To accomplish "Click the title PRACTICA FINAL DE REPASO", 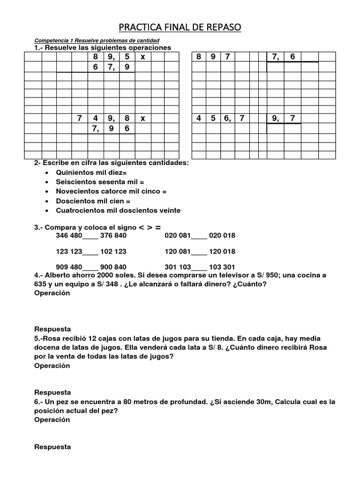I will click(180, 28).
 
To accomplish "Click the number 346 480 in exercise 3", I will click(68, 235).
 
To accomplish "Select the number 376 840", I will click(113, 235).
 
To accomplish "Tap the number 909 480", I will click(68, 266).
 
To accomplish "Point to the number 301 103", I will click(178, 266).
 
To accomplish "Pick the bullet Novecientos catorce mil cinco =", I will click(111, 191).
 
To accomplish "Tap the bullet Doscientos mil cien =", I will click(93, 201).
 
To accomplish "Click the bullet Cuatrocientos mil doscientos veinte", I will click(118, 210).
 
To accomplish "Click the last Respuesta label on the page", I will click(52, 447).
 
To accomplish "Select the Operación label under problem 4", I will click(52, 293).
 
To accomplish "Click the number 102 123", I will click(113, 251).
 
